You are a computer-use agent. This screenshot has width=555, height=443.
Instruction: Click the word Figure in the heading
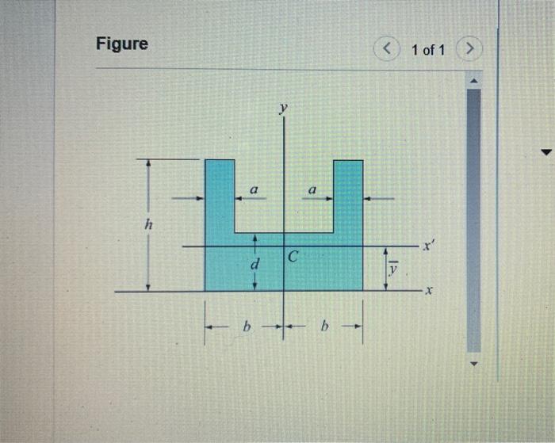tap(122, 44)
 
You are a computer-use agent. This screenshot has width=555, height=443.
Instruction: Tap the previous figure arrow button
tap(387, 48)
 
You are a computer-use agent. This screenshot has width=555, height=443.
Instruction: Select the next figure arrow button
tap(469, 48)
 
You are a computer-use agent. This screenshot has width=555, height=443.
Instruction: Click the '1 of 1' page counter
tap(428, 50)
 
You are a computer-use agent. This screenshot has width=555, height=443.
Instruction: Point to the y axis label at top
tap(283, 108)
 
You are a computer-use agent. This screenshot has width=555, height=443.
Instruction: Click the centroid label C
tap(293, 256)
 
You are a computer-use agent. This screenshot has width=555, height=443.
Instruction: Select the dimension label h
tap(149, 223)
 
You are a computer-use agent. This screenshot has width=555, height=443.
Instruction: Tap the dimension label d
tap(255, 264)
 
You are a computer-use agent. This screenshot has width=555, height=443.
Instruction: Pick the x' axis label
tap(429, 245)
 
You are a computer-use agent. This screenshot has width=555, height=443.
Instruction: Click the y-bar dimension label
tap(393, 269)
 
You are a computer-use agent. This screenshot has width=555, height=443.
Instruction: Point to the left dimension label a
tap(254, 190)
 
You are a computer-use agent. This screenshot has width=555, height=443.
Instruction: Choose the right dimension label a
tap(312, 190)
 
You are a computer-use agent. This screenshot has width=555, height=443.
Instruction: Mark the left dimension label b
tap(247, 326)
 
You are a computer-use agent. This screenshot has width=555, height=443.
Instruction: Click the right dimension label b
tap(324, 326)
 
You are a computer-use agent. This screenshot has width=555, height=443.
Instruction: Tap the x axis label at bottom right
tap(429, 291)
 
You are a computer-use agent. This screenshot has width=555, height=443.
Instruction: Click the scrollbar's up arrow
tap(474, 81)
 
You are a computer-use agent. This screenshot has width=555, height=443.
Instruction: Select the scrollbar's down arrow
tap(474, 364)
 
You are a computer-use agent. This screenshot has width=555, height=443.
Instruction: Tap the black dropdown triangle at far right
tap(547, 152)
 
